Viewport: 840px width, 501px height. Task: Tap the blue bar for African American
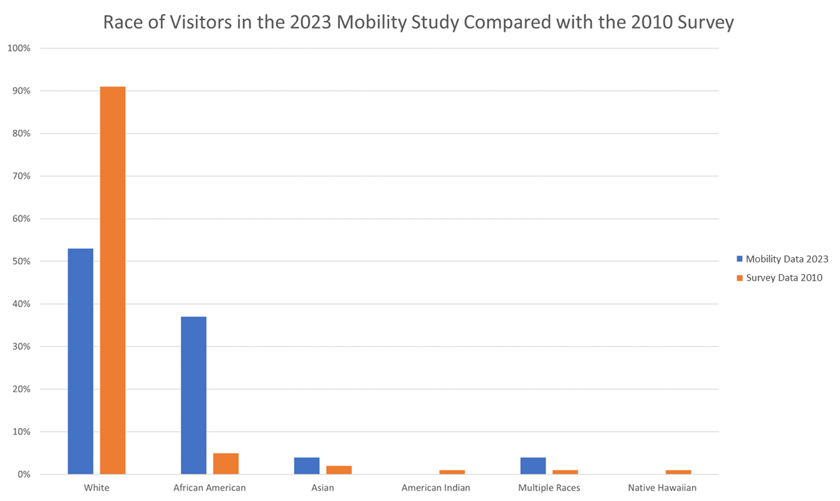point(193,395)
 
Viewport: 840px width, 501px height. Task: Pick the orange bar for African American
point(226,464)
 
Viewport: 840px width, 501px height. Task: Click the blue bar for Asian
point(306,465)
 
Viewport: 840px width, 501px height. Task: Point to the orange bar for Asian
point(339,470)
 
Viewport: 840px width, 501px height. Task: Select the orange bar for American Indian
point(452,472)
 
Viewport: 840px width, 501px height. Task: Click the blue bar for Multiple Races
point(532,465)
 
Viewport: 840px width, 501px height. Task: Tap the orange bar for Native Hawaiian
point(678,472)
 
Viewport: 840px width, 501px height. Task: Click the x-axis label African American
point(209,487)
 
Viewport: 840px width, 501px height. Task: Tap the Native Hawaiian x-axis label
point(662,487)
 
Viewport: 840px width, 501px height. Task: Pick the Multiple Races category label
point(549,487)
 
